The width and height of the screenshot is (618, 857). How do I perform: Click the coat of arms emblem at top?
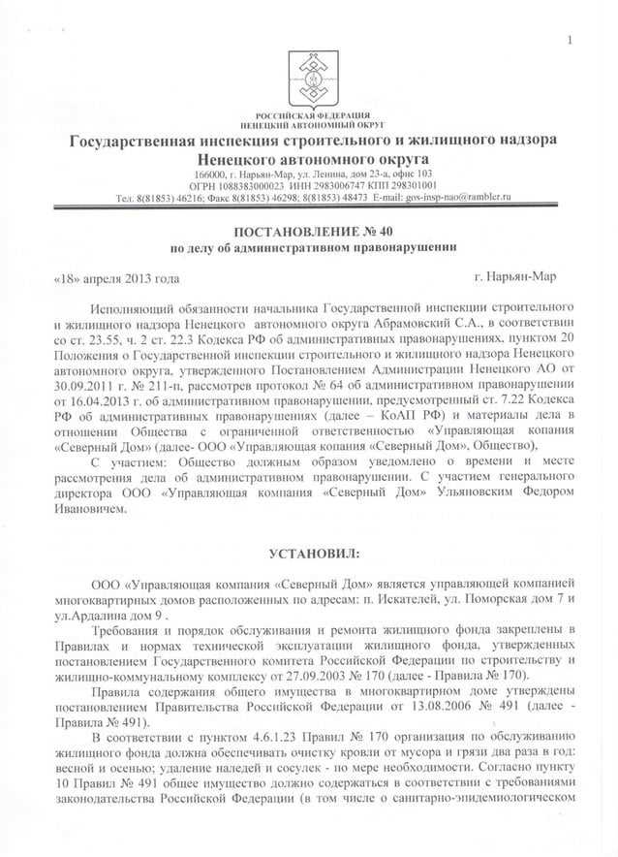point(312,78)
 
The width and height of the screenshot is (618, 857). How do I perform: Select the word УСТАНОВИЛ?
point(313,553)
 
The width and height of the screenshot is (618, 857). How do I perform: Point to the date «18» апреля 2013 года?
point(115,278)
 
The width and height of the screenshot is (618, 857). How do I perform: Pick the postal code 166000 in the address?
point(218,174)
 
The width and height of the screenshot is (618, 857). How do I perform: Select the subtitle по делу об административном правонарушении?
point(313,247)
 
